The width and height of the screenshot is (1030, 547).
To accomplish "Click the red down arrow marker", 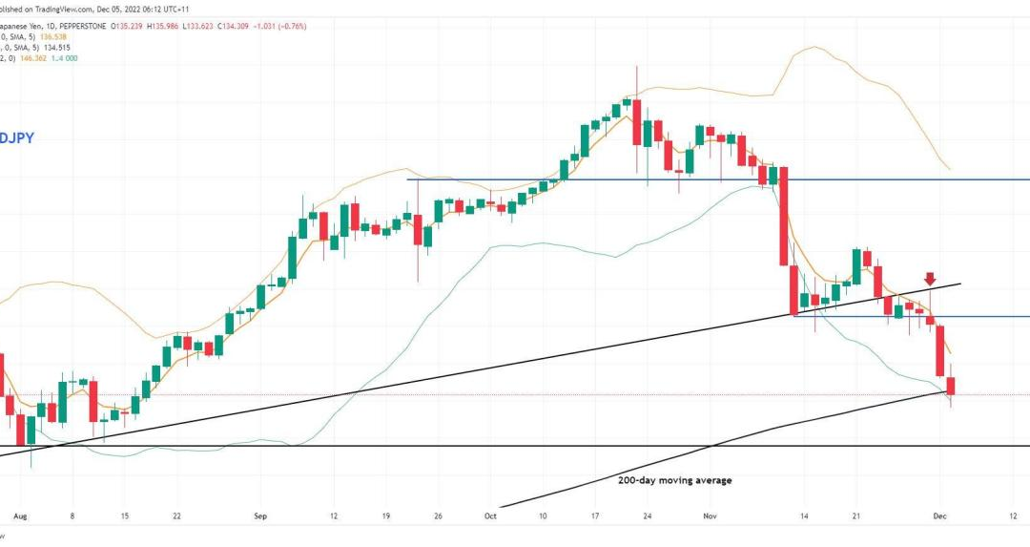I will pos(929,279).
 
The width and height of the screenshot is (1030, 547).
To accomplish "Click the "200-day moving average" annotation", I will pos(674,480).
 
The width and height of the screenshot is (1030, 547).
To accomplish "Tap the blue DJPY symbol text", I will pos(17,138).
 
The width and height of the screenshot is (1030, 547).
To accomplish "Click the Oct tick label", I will pos(490,515).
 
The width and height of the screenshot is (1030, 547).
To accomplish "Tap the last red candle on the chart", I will pos(951,387).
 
